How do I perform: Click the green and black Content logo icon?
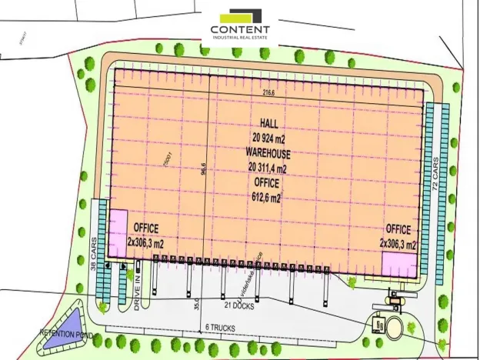pos(241,15)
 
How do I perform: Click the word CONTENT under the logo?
pos(240,30)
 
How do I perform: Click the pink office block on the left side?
pos(118,226)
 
